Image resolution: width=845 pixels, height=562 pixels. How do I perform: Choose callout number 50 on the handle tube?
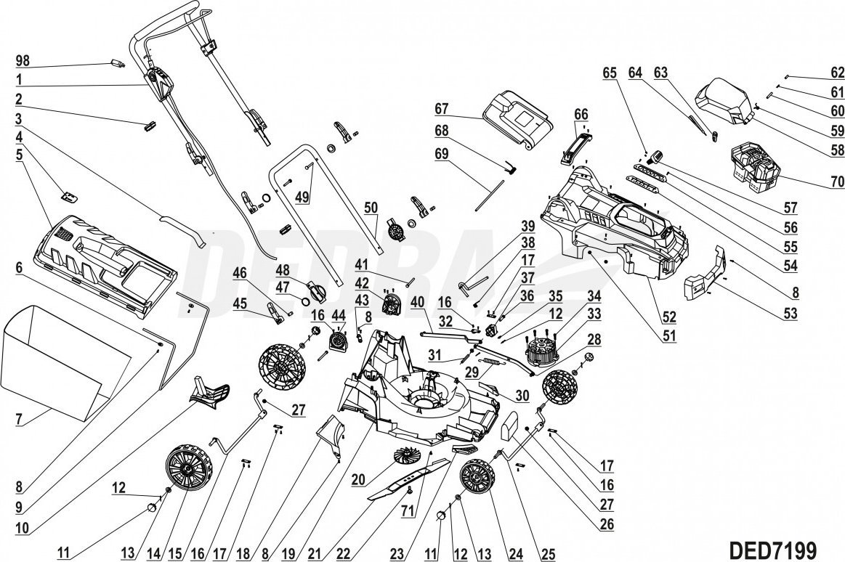pos(371,207)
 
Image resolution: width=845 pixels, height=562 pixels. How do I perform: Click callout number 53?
pos(788,314)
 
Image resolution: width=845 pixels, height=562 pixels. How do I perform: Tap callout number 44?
pos(337,315)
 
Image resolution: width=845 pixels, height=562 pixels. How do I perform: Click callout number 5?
pos(20,154)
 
